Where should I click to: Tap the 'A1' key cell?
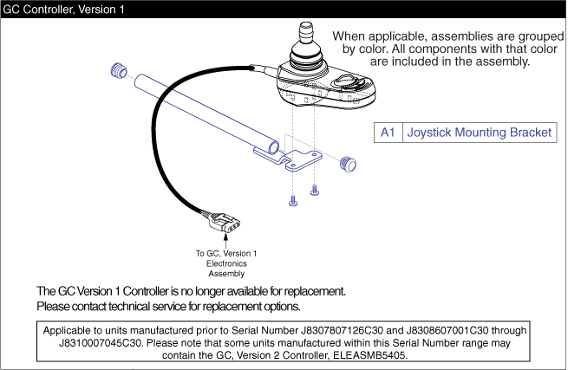point(388,133)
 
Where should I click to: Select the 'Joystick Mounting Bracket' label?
point(478,133)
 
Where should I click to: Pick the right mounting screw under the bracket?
point(314,189)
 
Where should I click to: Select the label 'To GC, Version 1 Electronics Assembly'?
point(226,263)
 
